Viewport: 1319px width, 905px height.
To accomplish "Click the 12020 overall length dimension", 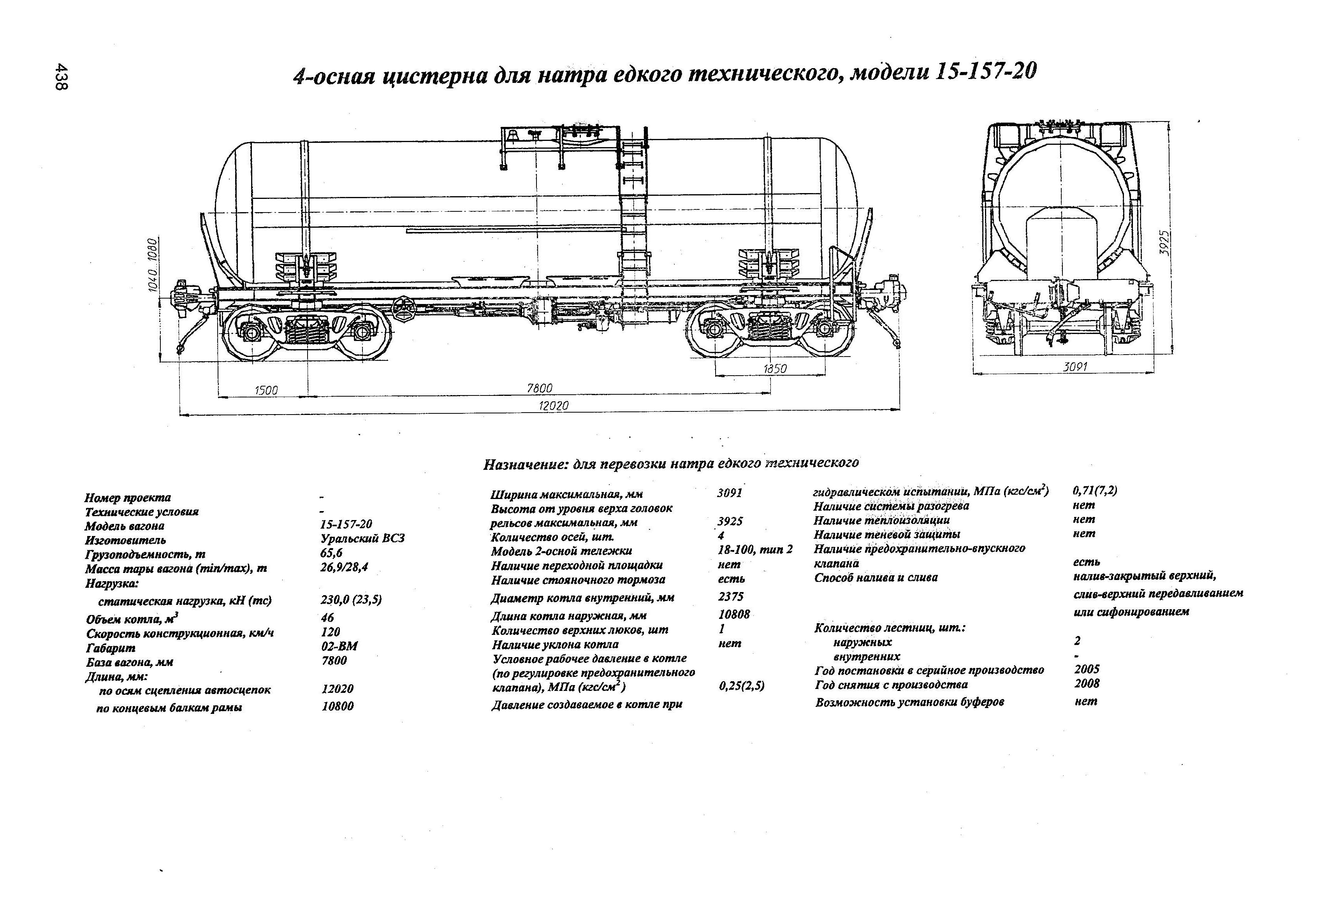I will [x=553, y=406].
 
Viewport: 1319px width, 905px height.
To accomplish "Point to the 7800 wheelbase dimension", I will [x=539, y=388].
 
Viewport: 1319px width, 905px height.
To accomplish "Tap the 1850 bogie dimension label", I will [x=775, y=369].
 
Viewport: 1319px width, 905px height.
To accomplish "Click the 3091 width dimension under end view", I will [x=1075, y=367].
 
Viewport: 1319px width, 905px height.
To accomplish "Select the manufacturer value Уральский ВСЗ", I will [x=362, y=538].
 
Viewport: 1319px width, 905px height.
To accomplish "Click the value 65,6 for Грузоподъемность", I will [x=331, y=553].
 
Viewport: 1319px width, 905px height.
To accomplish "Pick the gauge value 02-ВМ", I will [x=339, y=646].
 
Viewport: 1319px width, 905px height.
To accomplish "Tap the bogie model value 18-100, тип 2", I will [x=755, y=549].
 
